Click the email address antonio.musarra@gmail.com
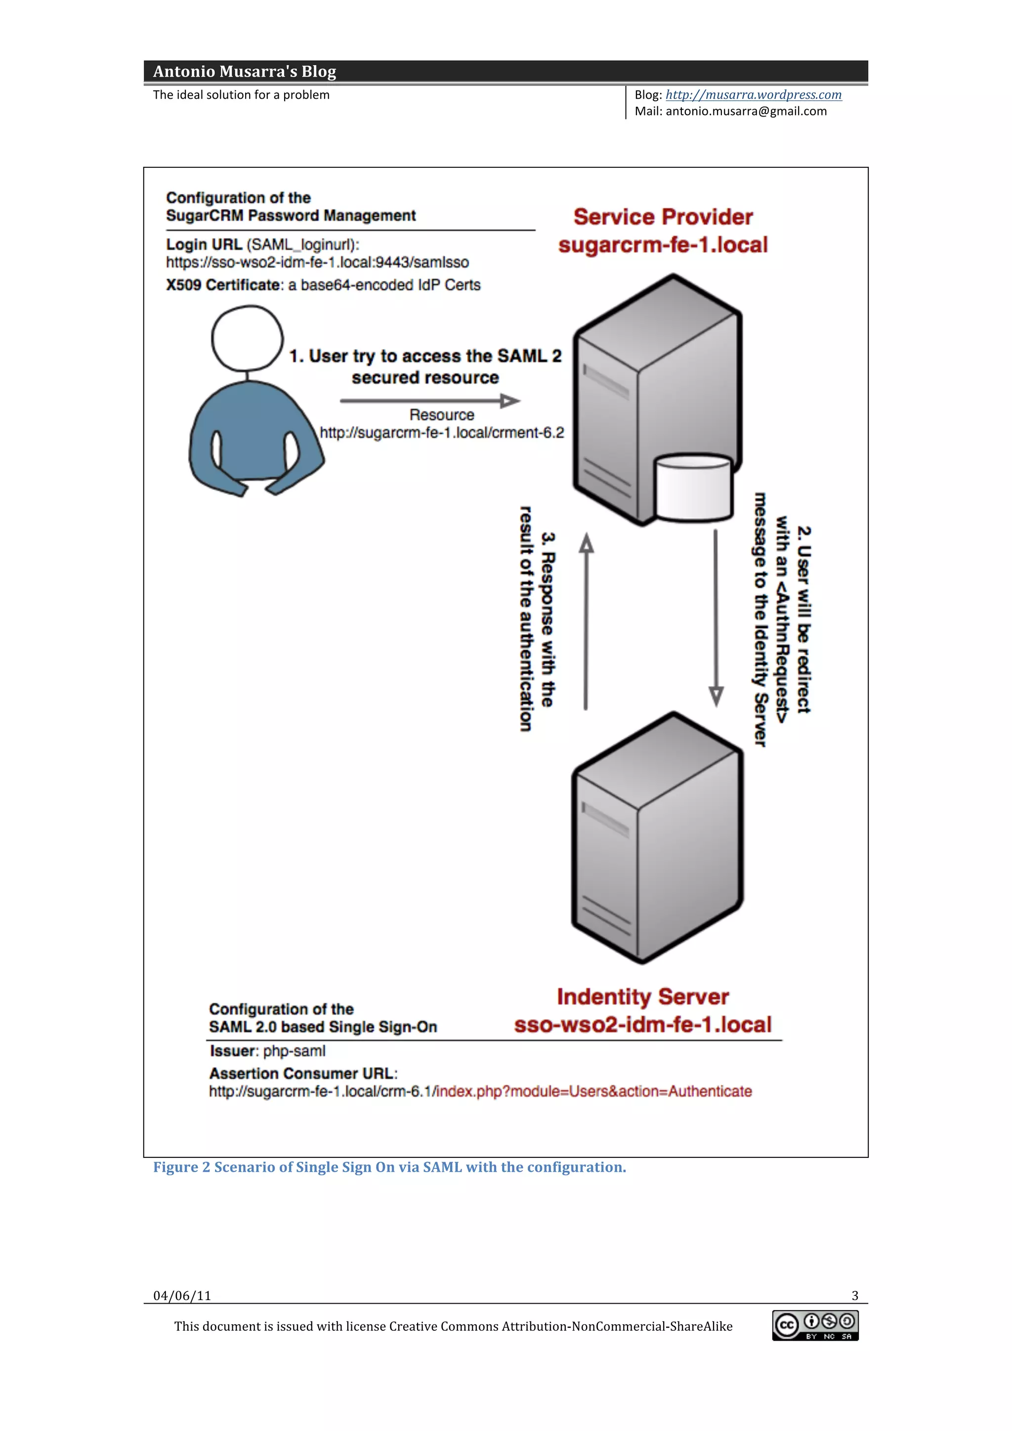746,112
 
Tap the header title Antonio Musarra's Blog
245,72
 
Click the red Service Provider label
663,217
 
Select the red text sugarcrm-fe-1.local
663,245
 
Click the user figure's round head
247,338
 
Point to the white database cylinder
693,487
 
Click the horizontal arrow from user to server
429,401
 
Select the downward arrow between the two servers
716,617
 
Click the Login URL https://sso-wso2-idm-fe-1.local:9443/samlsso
317,262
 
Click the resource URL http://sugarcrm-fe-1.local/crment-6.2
441,433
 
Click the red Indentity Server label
642,996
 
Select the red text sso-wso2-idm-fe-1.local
642,1025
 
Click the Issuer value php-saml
294,1051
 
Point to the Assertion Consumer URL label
302,1073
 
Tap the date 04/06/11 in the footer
182,1296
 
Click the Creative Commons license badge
815,1326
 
